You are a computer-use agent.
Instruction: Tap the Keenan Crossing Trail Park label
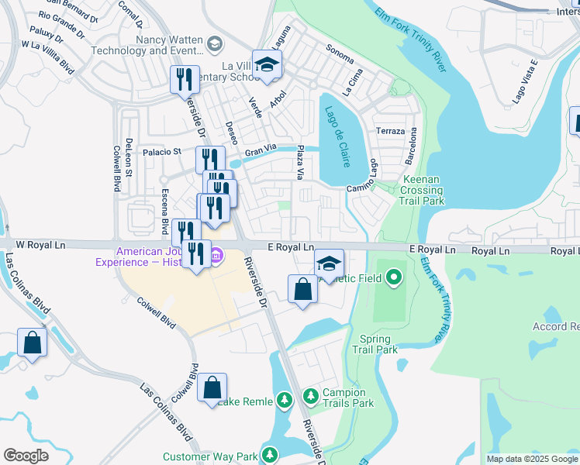click(421, 191)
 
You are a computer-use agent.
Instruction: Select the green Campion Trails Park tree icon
click(310, 397)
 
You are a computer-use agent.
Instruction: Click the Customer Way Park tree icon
click(270, 454)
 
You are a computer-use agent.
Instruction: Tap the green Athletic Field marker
click(394, 276)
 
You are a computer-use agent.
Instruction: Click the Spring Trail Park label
click(378, 344)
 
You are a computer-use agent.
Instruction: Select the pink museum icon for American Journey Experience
click(217, 254)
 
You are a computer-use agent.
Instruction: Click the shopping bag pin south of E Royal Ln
click(302, 290)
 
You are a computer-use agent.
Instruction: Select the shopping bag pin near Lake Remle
click(212, 387)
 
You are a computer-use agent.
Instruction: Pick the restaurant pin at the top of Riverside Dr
click(185, 79)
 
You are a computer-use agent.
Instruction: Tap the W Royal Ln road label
click(43, 244)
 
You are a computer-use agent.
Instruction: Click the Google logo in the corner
click(26, 456)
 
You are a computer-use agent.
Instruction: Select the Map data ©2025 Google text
click(531, 459)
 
